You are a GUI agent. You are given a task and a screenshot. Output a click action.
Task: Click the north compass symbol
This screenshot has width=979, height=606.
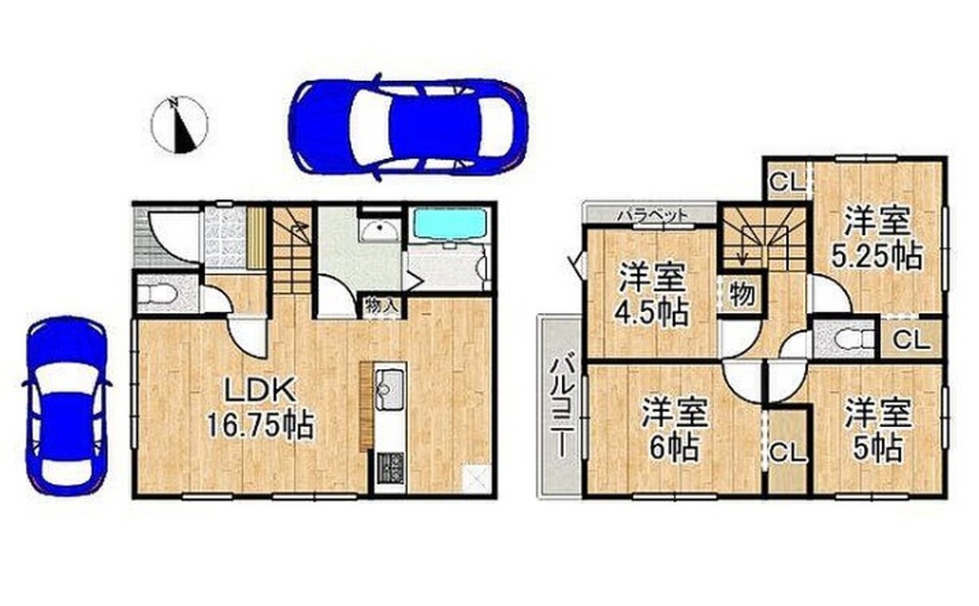tap(179, 125)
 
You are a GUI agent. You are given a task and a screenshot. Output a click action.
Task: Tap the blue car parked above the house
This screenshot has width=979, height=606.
tap(408, 127)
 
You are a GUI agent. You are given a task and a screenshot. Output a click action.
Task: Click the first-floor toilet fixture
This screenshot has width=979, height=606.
tap(158, 294)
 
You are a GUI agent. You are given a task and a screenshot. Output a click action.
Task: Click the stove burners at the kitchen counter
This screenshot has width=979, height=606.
tap(390, 468)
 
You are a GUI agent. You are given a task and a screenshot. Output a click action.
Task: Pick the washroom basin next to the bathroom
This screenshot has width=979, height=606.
tap(380, 230)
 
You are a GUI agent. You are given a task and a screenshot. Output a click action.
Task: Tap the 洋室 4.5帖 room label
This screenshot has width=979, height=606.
tap(652, 295)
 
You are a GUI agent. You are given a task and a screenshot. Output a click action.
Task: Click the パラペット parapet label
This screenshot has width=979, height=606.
tap(653, 214)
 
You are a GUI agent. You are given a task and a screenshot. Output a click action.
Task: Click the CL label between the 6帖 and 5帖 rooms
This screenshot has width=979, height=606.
tap(787, 454)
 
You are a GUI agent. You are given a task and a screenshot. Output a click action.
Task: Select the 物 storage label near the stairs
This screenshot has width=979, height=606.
tap(742, 293)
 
